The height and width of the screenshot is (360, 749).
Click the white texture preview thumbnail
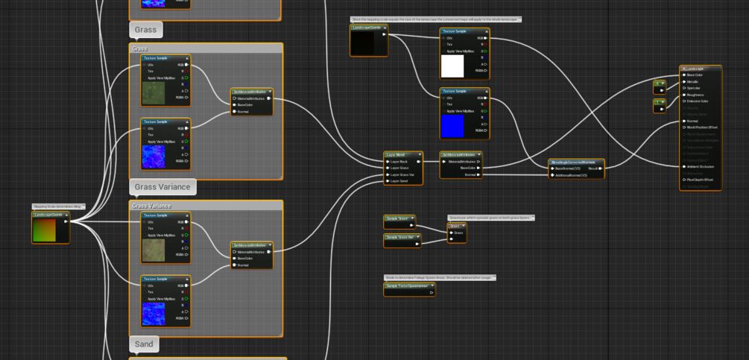click(452, 66)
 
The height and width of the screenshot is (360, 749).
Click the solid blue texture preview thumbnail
click(452, 125)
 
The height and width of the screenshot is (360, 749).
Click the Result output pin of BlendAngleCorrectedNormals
click(601, 168)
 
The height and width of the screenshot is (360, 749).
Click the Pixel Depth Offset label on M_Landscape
click(701, 180)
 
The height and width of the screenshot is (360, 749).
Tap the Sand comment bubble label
click(144, 344)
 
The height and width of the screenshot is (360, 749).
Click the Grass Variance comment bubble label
click(162, 186)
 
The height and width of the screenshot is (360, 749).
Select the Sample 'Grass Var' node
click(399, 237)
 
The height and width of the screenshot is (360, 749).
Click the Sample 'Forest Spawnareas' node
click(408, 285)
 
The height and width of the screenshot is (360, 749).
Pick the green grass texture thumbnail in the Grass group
click(154, 92)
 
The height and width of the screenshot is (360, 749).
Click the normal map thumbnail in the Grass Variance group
click(154, 313)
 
